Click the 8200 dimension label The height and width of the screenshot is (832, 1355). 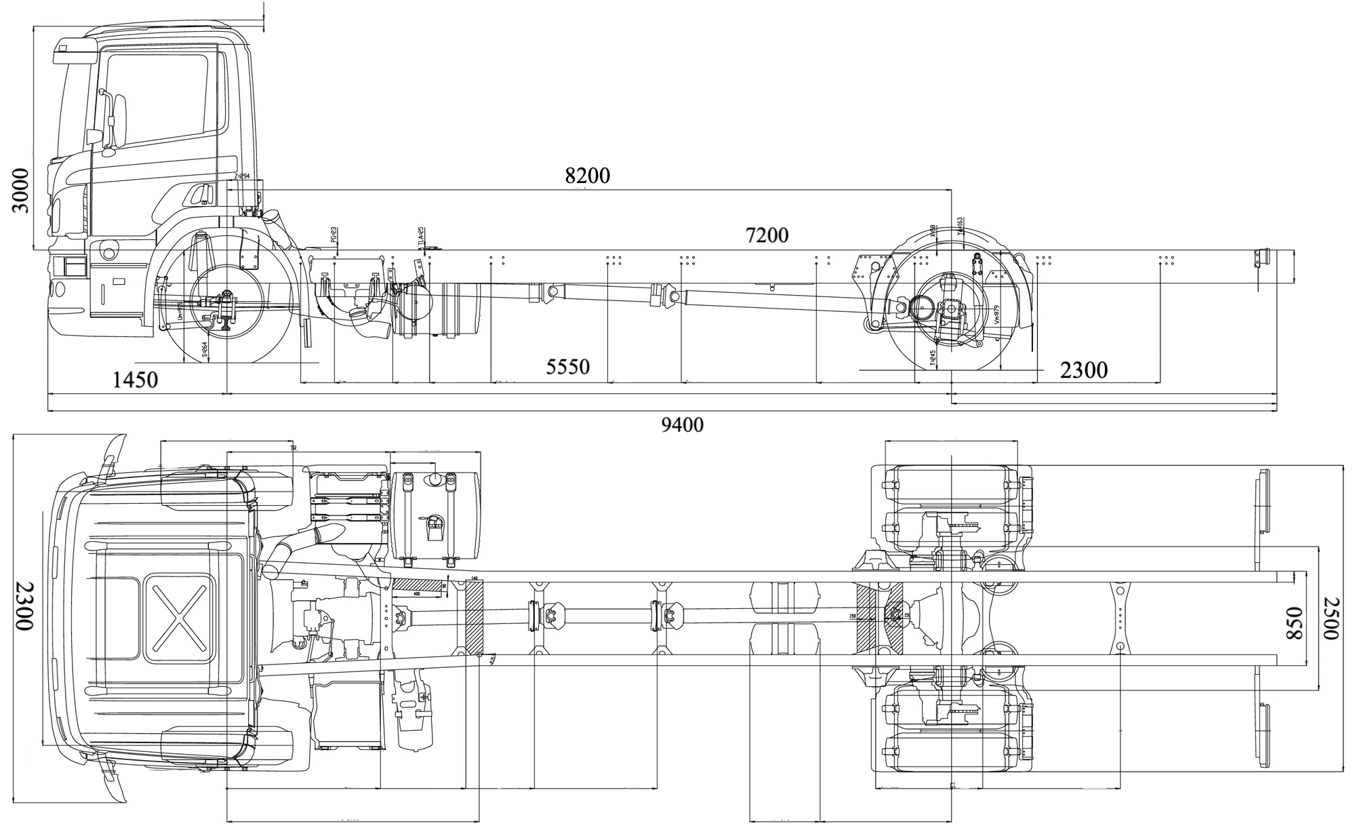coord(587,176)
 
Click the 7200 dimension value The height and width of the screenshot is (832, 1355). coord(767,235)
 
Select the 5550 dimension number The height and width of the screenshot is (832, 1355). coord(567,367)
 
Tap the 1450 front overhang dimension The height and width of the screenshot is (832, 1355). coord(134,380)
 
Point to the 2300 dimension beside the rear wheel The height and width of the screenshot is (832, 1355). coord(1083,370)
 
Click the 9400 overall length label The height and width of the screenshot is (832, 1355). coord(681,425)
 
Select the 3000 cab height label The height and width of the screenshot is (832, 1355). coord(22,191)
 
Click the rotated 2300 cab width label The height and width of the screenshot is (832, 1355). coord(24,606)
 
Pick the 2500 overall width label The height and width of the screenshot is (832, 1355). coord(1330,618)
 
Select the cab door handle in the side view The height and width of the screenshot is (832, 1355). coord(201,195)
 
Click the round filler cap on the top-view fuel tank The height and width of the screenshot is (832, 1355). coord(432,479)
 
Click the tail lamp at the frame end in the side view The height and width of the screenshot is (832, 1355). coord(1259,260)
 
